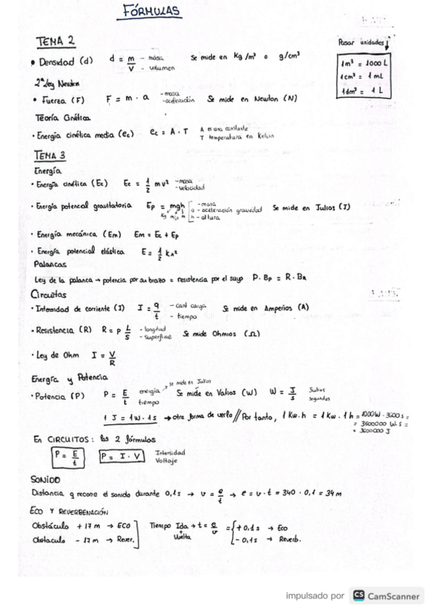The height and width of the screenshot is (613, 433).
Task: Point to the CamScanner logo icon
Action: [359, 596]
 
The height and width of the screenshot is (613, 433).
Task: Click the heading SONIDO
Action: [45, 479]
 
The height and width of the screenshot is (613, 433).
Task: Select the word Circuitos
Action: [48, 294]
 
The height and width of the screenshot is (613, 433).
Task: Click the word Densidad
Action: [57, 61]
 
